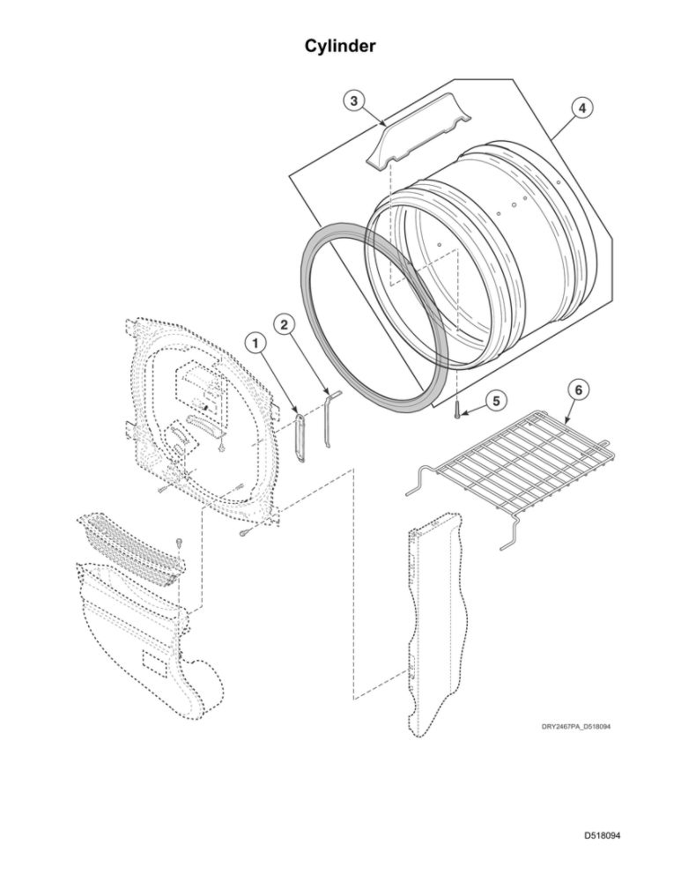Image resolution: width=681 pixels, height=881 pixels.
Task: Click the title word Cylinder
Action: (340, 46)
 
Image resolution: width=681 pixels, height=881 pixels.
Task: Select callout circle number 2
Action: (283, 324)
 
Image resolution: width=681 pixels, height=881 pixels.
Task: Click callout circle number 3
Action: (352, 101)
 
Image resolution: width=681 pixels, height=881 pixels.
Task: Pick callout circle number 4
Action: (581, 107)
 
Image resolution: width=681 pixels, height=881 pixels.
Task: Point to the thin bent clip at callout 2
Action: (328, 418)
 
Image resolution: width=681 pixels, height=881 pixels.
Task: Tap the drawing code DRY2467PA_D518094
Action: (575, 727)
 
